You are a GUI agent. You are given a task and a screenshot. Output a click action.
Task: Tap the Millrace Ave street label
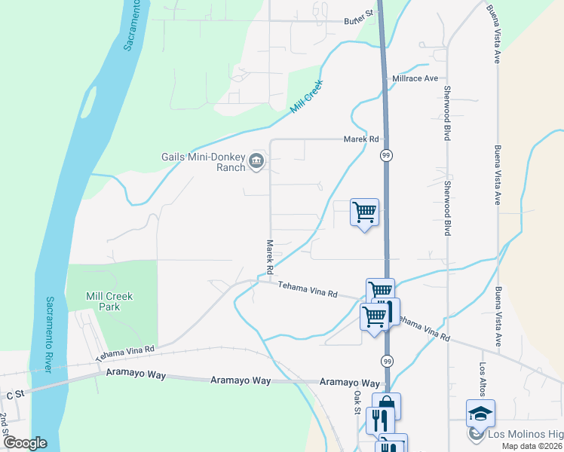coord(415,78)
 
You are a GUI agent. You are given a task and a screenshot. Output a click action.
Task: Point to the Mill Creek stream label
coord(307,96)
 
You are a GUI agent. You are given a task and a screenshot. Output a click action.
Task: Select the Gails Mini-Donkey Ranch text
coord(204,162)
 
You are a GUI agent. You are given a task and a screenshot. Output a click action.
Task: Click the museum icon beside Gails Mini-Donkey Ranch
coord(256,160)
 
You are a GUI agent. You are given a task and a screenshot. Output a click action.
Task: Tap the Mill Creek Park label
coord(110,301)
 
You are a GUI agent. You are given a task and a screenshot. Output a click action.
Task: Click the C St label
coord(15,394)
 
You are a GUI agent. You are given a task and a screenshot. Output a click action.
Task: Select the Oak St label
coord(359,402)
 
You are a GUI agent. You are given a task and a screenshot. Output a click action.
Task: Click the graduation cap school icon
coord(480,413)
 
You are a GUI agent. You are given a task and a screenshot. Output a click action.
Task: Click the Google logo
coord(25,443)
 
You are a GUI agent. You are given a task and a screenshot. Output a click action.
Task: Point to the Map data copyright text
coord(531,446)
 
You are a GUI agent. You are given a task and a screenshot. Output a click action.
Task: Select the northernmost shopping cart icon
coord(365,212)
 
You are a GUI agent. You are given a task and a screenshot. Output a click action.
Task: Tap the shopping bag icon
coord(386,405)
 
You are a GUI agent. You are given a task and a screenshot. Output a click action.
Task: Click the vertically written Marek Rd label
coord(269,257)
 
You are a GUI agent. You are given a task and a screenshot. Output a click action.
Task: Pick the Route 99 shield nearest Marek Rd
coord(386,155)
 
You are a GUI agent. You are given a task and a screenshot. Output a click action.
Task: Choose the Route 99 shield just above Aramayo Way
coord(386,362)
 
